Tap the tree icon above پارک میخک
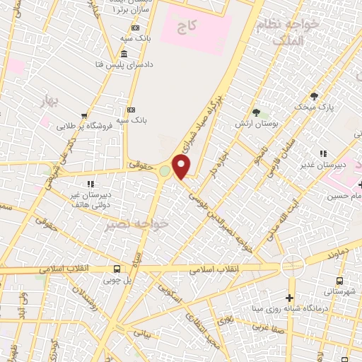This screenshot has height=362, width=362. coord(314,96)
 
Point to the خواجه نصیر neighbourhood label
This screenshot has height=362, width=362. coord(136,226)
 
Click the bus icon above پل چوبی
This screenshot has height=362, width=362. coord(117,269)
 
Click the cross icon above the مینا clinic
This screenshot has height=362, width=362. coord(289,298)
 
